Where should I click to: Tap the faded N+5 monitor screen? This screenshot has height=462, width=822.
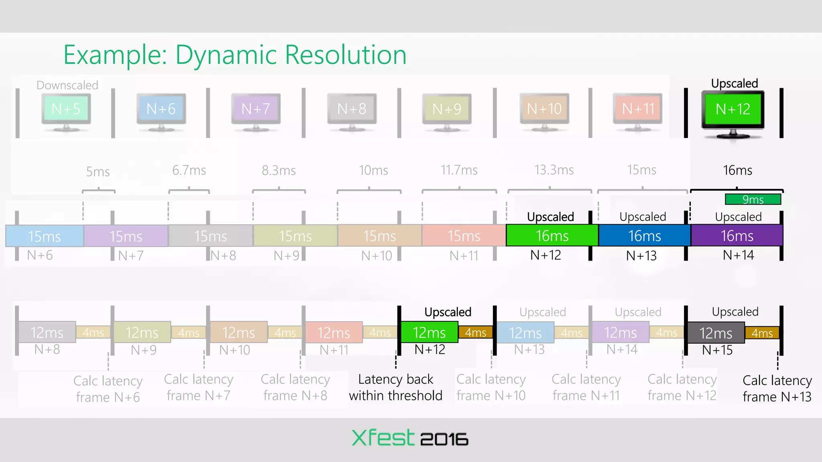pos(66,109)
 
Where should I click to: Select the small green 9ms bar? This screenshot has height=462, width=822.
pos(753,199)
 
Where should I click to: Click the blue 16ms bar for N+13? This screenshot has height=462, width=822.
pos(644,236)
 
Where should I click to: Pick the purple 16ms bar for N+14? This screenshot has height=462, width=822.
pos(737,236)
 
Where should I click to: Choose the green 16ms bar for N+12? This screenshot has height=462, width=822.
pos(552,236)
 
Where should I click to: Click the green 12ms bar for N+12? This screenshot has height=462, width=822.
pos(429,332)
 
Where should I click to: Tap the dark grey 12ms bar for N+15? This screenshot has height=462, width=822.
pos(716,333)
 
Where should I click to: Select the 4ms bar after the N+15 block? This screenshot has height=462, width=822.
pos(762,333)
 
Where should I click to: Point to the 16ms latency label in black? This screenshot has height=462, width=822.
pos(737,170)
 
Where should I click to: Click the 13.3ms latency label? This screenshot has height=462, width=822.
pos(554,170)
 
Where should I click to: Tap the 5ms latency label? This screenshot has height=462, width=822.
pos(98,172)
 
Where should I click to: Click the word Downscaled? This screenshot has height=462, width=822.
pos(67,85)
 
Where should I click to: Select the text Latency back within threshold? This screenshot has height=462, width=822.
pos(395,387)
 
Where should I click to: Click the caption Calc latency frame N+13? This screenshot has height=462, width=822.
pos(777,388)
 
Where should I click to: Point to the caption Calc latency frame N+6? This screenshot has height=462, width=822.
pos(108,389)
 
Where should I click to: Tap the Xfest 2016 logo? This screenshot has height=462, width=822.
pos(409,438)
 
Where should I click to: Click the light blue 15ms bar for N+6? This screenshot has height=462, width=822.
pos(45,236)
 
